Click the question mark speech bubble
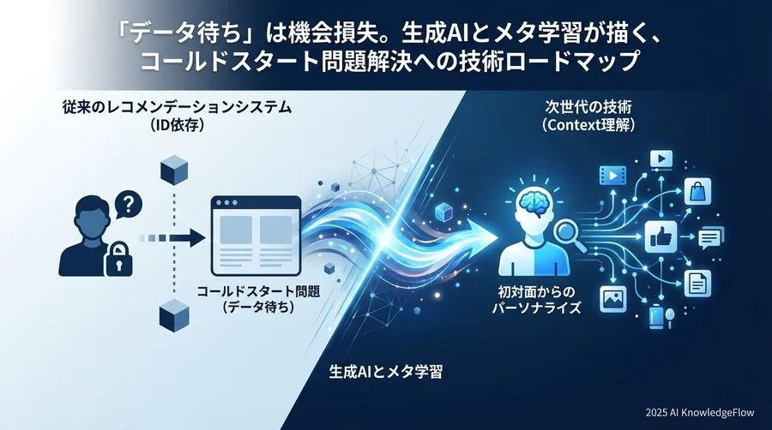(x=128, y=205)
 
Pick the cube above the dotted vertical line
(x=174, y=170)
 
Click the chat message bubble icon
(x=711, y=236)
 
